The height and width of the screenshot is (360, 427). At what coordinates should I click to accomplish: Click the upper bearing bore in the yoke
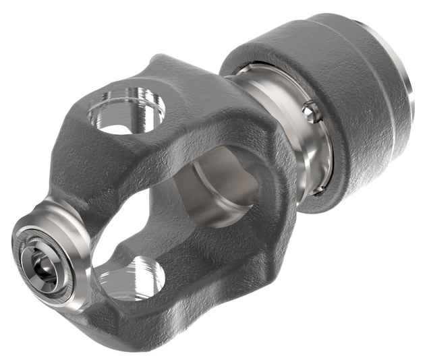point(127,108)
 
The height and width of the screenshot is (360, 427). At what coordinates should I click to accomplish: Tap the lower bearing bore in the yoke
point(132,277)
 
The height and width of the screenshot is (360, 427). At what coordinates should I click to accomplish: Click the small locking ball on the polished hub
point(310,112)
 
